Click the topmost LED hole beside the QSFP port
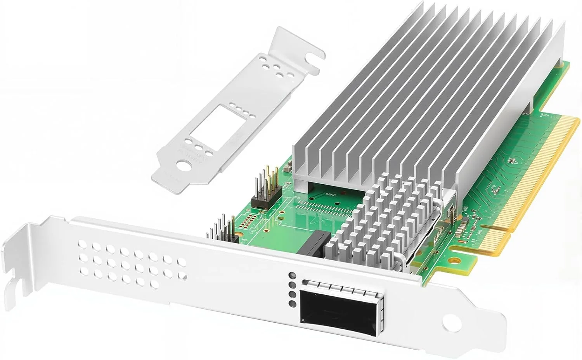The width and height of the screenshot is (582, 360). click(x=292, y=276)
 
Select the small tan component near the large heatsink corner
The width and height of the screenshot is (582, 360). click(x=288, y=167)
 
